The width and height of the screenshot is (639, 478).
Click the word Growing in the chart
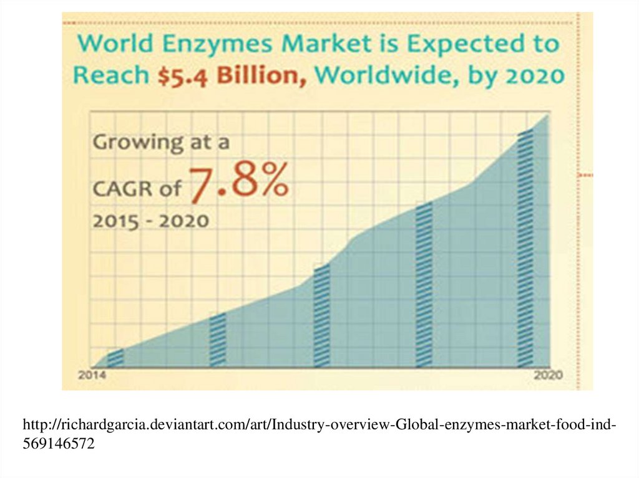click(135, 143)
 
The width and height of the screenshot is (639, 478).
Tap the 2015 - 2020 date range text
click(150, 221)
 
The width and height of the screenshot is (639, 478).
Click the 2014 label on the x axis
click(91, 375)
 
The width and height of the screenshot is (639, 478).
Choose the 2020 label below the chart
click(549, 375)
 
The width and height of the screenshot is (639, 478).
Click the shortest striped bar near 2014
click(115, 358)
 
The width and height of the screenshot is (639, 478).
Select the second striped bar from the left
click(218, 340)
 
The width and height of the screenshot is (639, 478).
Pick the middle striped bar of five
click(321, 317)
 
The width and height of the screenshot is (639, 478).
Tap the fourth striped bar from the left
click(424, 285)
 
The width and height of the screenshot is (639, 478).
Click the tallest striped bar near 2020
click(525, 248)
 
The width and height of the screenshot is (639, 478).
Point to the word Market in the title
click(318, 45)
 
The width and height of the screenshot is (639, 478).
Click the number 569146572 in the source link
click(59, 444)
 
